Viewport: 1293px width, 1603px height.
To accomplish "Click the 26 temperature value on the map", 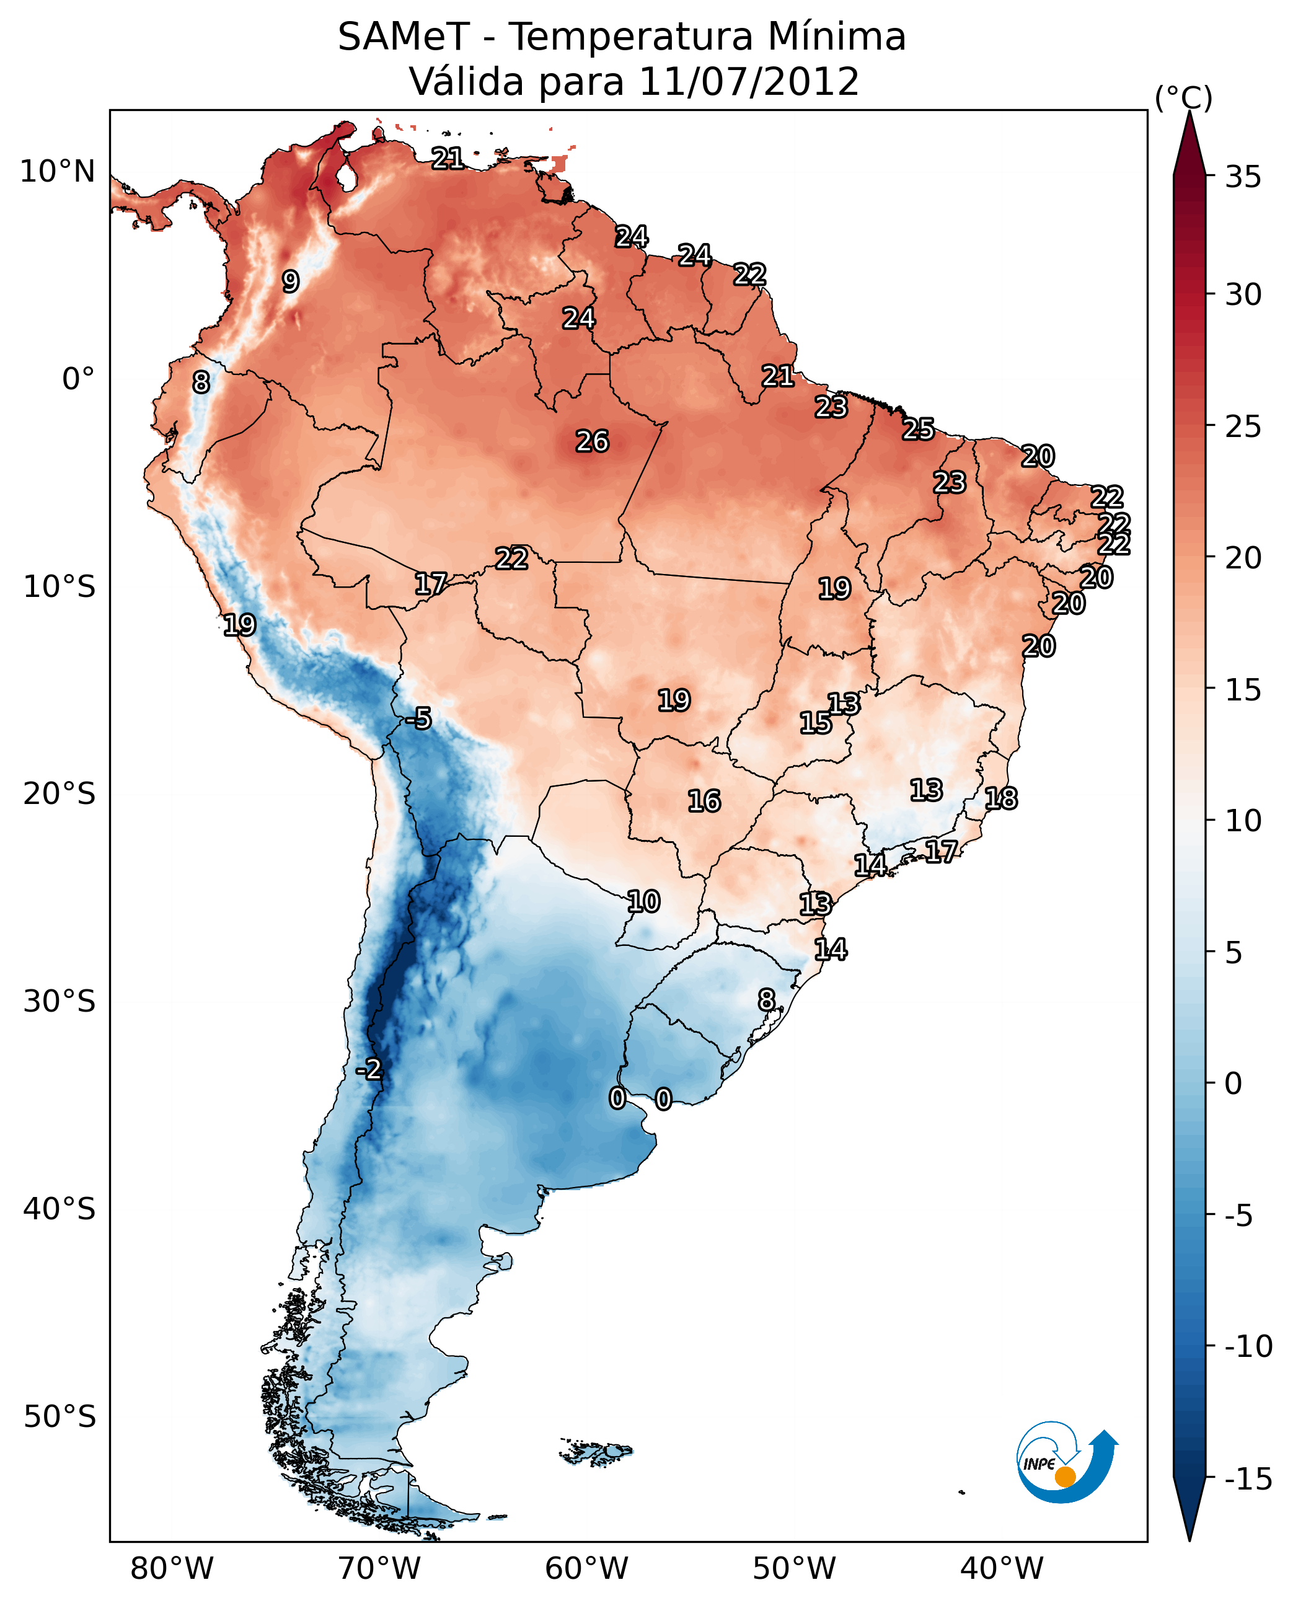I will point(592,442).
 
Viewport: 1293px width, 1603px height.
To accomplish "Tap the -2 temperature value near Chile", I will point(369,1070).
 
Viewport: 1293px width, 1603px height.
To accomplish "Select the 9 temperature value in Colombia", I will point(291,281).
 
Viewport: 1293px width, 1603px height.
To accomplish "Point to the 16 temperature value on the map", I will point(704,801).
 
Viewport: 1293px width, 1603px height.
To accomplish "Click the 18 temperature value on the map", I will point(1001,798).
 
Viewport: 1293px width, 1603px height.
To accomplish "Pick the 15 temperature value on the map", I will point(816,723).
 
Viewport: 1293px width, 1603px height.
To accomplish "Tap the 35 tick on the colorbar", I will point(1243,177).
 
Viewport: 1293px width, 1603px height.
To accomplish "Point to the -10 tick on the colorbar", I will point(1248,1346).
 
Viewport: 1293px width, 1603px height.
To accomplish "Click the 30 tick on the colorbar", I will point(1243,295).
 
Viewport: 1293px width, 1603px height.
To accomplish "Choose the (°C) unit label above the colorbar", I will point(1183,97).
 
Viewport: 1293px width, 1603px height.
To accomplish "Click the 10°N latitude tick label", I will point(58,172).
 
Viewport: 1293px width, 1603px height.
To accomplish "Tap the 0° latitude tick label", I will point(78,379).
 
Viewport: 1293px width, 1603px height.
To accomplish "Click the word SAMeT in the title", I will point(403,37).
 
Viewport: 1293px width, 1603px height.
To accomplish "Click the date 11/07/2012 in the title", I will point(749,82).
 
